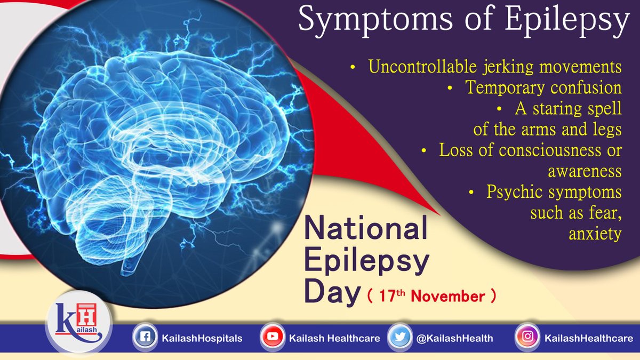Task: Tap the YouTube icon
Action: (x=272, y=338)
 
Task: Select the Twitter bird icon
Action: (x=399, y=338)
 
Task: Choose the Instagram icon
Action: (x=527, y=338)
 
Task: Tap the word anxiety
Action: (x=596, y=234)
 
